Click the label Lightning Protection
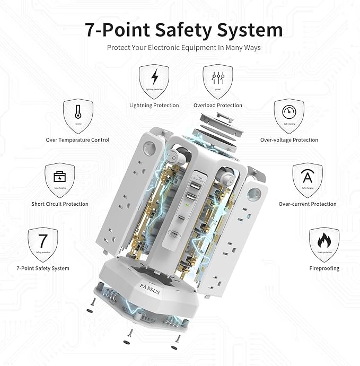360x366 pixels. pos(154,106)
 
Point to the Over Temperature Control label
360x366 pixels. pos(77,140)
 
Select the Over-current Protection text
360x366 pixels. pos(308,204)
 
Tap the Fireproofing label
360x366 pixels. pos(324,268)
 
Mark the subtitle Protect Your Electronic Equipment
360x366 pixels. pos(183,48)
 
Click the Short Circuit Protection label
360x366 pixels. pos(59,204)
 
